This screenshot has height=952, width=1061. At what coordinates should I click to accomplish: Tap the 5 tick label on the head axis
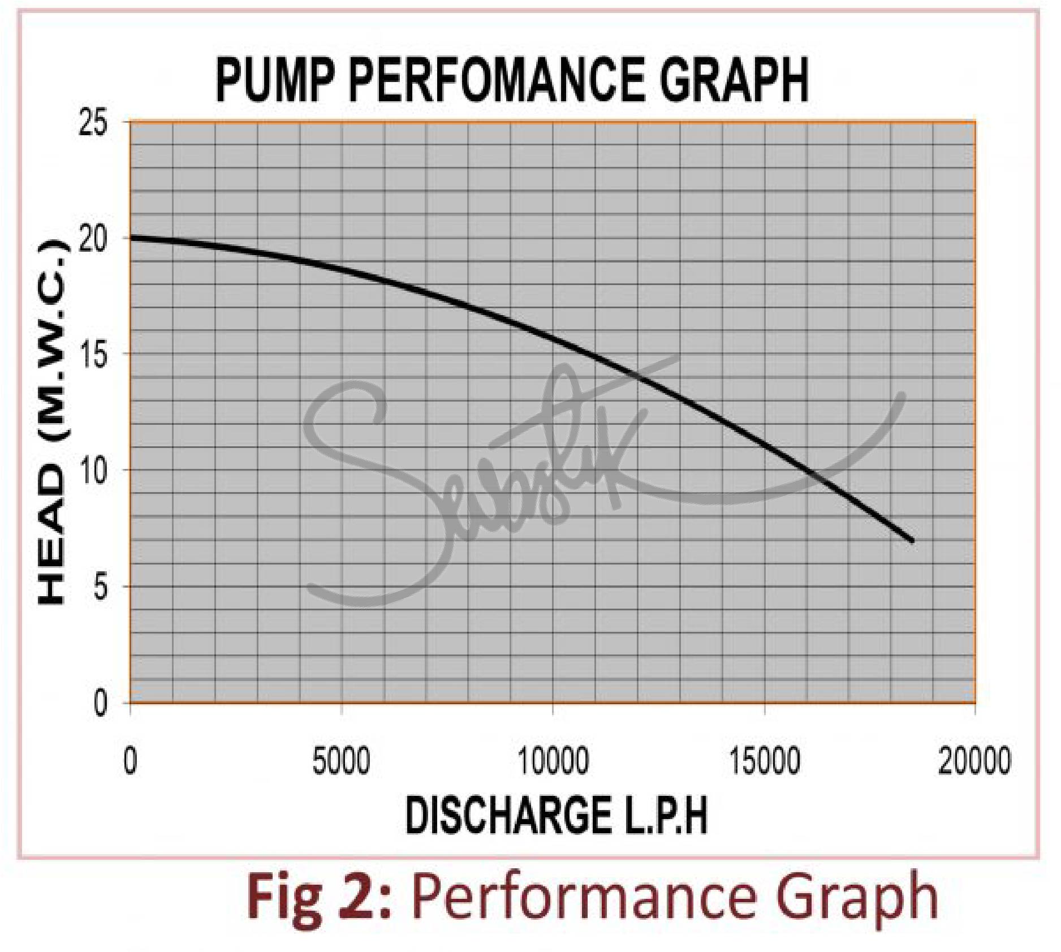coord(101,589)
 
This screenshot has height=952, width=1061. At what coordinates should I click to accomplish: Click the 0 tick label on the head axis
coord(101,705)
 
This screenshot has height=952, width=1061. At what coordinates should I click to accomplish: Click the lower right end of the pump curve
coord(912,541)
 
